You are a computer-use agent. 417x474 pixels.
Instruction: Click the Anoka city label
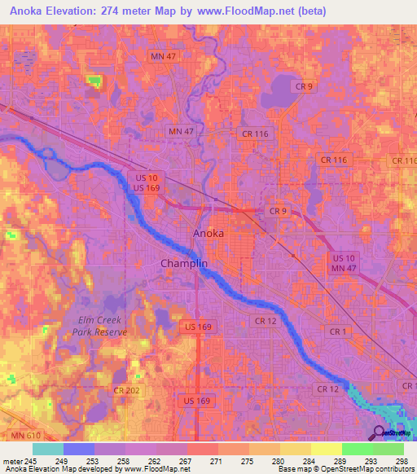[x=208, y=233]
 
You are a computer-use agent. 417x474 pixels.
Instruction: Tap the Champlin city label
[x=185, y=264]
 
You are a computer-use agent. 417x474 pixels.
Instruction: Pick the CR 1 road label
[x=339, y=331]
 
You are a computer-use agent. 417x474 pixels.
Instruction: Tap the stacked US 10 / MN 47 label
[x=345, y=261]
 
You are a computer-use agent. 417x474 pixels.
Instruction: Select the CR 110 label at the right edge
[x=405, y=161]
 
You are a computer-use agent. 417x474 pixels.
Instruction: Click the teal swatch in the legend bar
[x=48, y=449]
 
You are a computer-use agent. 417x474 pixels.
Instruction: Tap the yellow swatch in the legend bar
[x=326, y=449]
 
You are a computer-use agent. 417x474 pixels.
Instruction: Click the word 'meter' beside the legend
[x=13, y=462]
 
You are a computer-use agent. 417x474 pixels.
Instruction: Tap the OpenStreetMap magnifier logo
[x=380, y=434]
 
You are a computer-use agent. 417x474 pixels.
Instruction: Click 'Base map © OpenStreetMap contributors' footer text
[x=343, y=469]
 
